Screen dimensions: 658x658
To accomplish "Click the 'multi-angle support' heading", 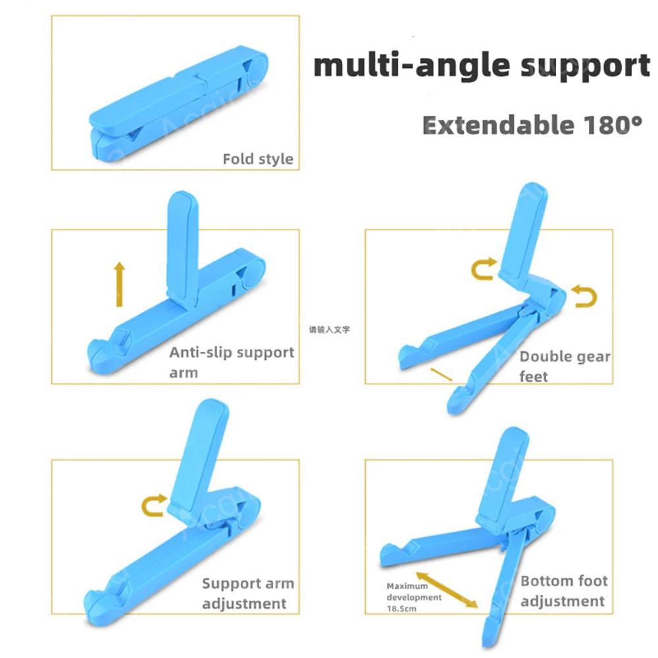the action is tap(481, 66).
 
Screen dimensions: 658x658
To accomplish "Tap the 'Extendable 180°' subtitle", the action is tap(532, 124).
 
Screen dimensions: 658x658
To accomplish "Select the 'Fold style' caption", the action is tap(257, 159).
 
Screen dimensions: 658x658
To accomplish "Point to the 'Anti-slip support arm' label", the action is tap(231, 361).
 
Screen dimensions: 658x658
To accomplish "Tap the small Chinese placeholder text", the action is tap(329, 328).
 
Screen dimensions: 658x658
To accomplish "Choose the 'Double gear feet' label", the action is tap(565, 366).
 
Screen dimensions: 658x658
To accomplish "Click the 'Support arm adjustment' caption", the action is tap(247, 593).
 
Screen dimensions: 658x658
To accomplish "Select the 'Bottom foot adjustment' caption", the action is tap(563, 590).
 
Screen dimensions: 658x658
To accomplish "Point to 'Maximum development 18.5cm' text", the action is tap(414, 597).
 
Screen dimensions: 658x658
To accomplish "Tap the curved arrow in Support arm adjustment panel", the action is tap(153, 506).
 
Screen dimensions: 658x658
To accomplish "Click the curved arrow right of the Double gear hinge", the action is tap(584, 296).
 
